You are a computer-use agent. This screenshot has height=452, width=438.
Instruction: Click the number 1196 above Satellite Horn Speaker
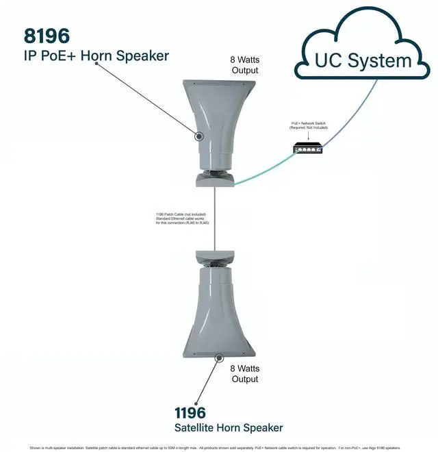tap(190, 412)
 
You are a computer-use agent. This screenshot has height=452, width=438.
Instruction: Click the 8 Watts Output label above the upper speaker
tap(244, 64)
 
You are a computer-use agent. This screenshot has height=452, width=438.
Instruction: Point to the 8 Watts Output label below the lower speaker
tap(244, 373)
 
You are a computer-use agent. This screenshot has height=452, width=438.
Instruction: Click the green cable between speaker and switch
tap(267, 171)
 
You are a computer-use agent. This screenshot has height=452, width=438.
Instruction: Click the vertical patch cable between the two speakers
tap(215, 219)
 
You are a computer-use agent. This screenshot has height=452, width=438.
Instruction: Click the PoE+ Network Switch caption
tap(309, 126)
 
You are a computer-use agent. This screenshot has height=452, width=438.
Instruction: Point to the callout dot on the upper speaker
tap(199, 136)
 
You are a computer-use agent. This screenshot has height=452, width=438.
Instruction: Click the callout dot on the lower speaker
tap(219, 357)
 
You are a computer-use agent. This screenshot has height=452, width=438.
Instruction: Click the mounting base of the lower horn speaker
tap(215, 258)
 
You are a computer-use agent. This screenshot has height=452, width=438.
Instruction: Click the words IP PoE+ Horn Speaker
tap(96, 55)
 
